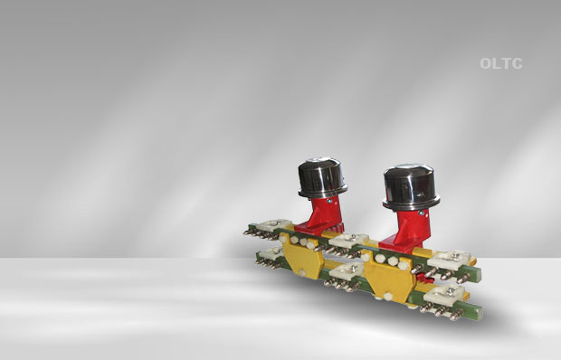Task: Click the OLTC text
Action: pos(501,63)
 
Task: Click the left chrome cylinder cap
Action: pos(322,177)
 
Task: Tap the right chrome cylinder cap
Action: pos(411,187)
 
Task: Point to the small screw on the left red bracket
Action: pos(329,202)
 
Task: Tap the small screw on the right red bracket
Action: pos(422,213)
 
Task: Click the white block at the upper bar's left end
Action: pos(275,225)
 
